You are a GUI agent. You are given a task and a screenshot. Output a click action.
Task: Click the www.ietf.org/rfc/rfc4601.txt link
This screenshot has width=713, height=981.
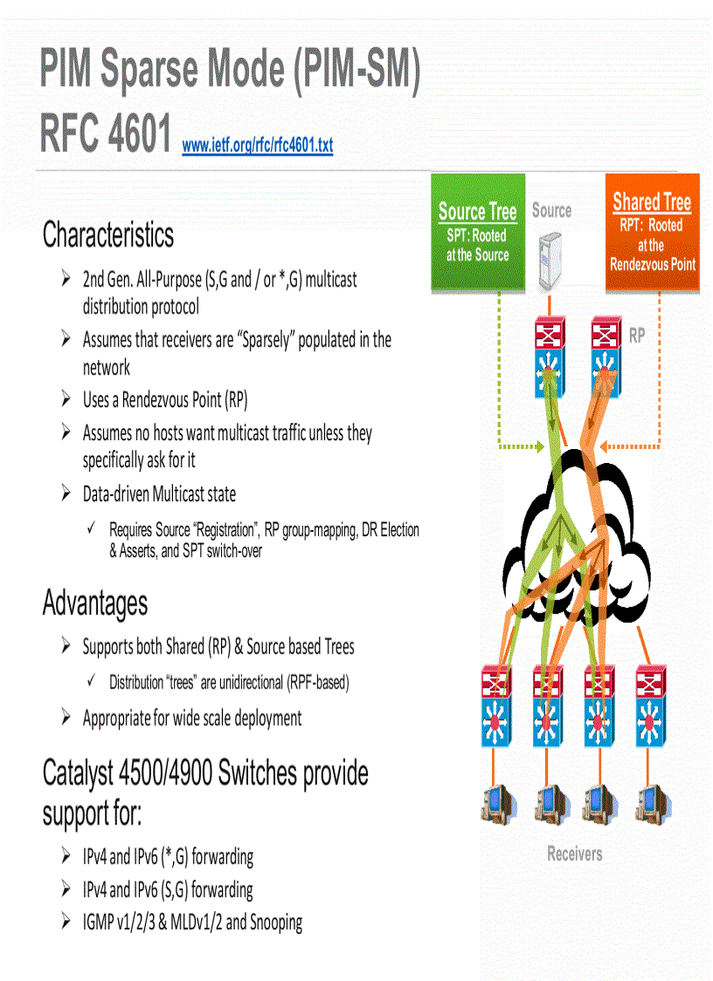[x=257, y=145]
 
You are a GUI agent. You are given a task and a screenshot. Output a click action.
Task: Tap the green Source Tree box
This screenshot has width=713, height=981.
[x=478, y=232]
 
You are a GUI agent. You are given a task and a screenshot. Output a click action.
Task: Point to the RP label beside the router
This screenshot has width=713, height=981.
[x=637, y=335]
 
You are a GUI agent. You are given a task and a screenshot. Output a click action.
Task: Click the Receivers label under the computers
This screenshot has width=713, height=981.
[x=574, y=853]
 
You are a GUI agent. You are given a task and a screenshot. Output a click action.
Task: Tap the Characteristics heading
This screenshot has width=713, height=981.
[x=108, y=235]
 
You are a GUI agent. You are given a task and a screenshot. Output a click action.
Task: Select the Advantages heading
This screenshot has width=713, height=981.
[x=95, y=604]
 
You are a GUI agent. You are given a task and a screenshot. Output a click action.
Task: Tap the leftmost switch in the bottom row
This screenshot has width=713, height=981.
[x=498, y=706]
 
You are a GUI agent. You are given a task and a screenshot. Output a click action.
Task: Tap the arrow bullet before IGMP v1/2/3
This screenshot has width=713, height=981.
[x=66, y=921]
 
